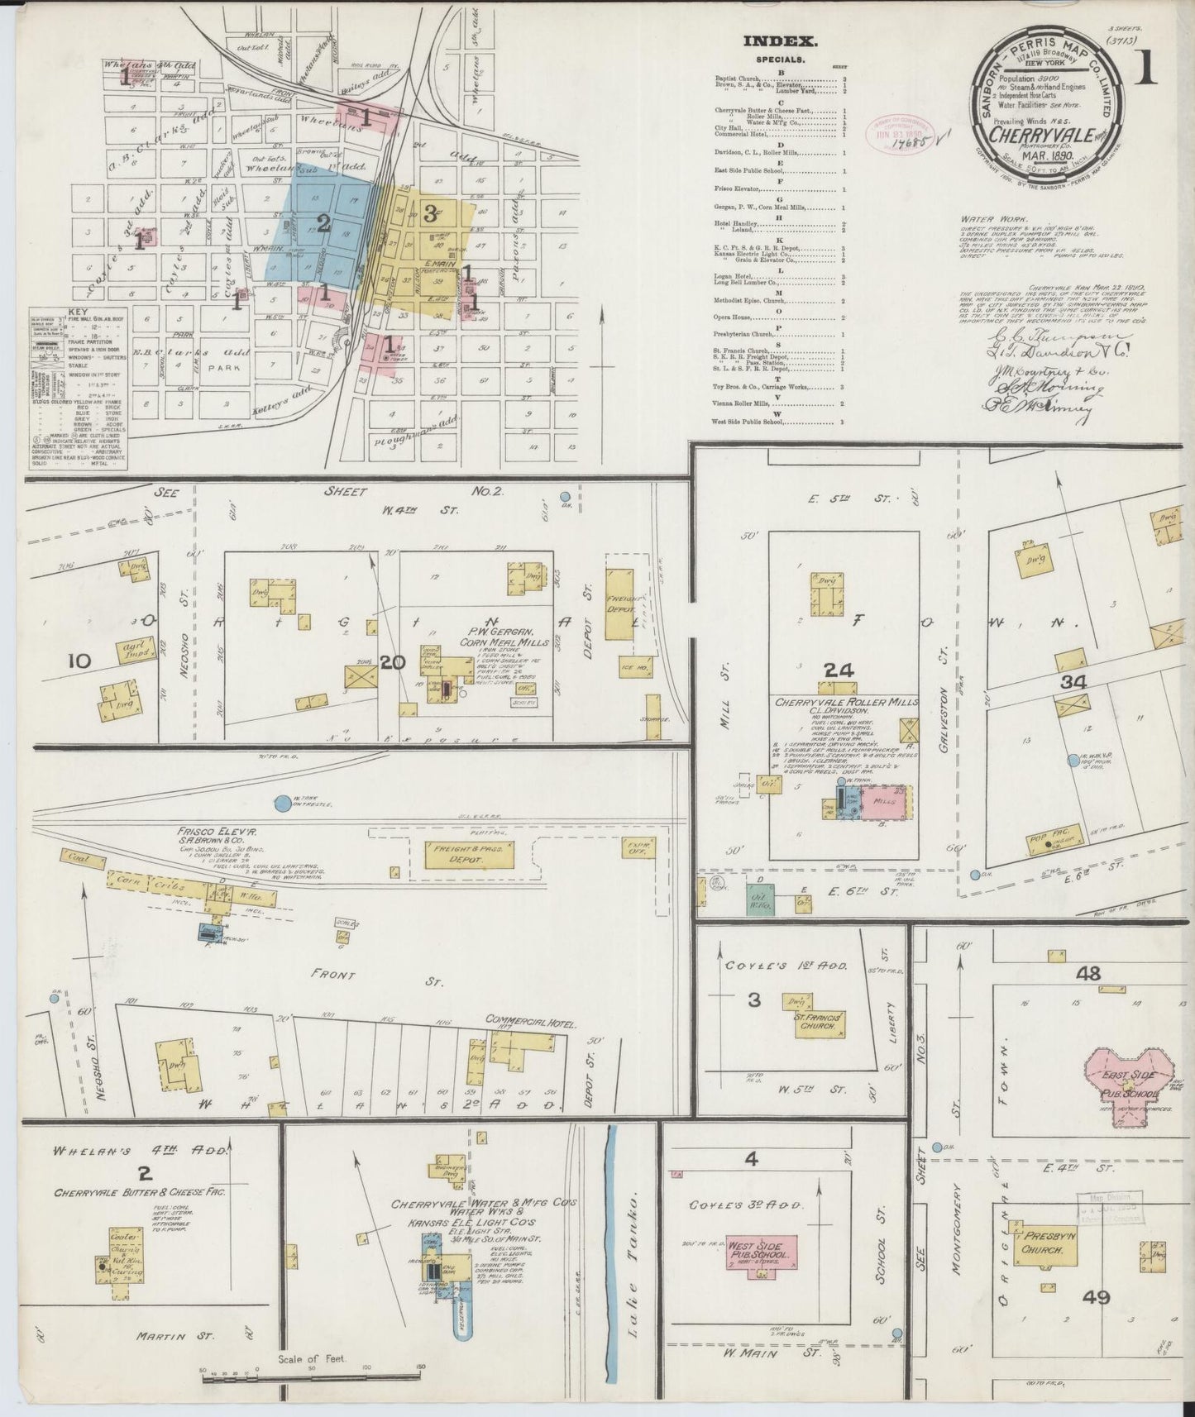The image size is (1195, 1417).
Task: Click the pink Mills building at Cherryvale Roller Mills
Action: (885, 803)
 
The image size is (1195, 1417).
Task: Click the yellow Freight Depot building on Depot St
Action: (618, 607)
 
